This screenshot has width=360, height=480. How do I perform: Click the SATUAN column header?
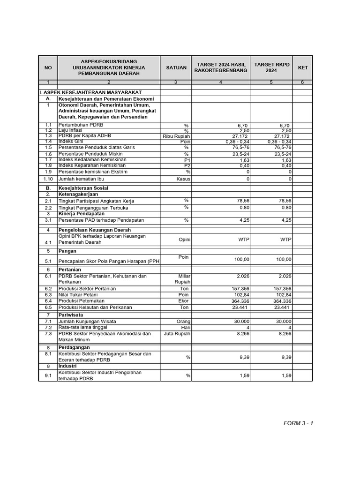coord(175,67)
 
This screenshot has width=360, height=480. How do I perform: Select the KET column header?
coord(303,67)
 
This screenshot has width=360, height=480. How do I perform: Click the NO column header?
coord(48,67)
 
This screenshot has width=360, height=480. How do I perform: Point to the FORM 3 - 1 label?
coord(298,423)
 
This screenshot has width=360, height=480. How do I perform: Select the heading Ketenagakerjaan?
coord(78,194)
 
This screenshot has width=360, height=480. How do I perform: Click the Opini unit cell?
coord(184,240)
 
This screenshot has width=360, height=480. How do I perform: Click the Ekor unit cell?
coord(184,301)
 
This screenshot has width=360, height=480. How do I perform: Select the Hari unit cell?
coord(185,327)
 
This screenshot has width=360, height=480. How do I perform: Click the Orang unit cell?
coord(183,322)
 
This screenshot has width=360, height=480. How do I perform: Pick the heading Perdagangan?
coord(74,348)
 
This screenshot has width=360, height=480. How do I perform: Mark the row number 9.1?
coord(48,375)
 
